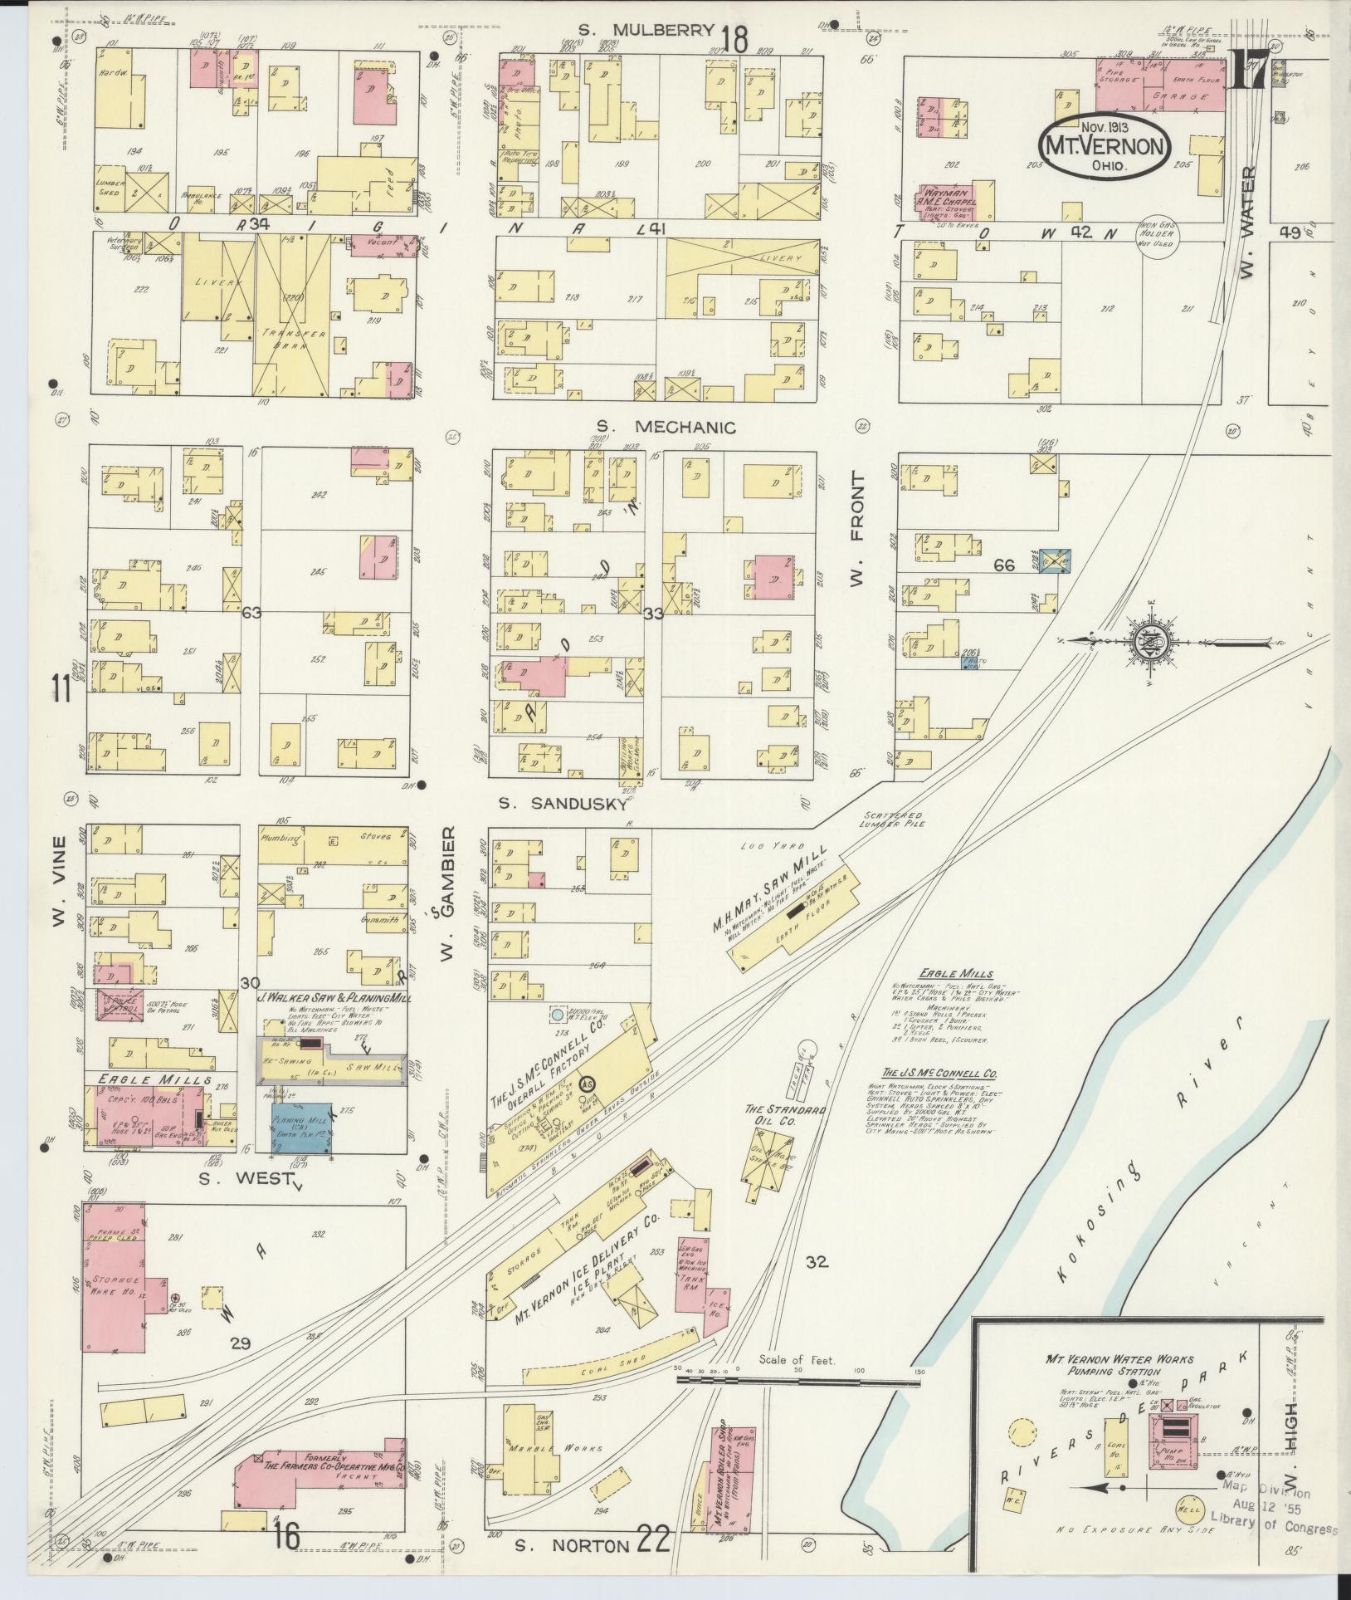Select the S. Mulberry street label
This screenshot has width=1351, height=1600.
click(646, 31)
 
